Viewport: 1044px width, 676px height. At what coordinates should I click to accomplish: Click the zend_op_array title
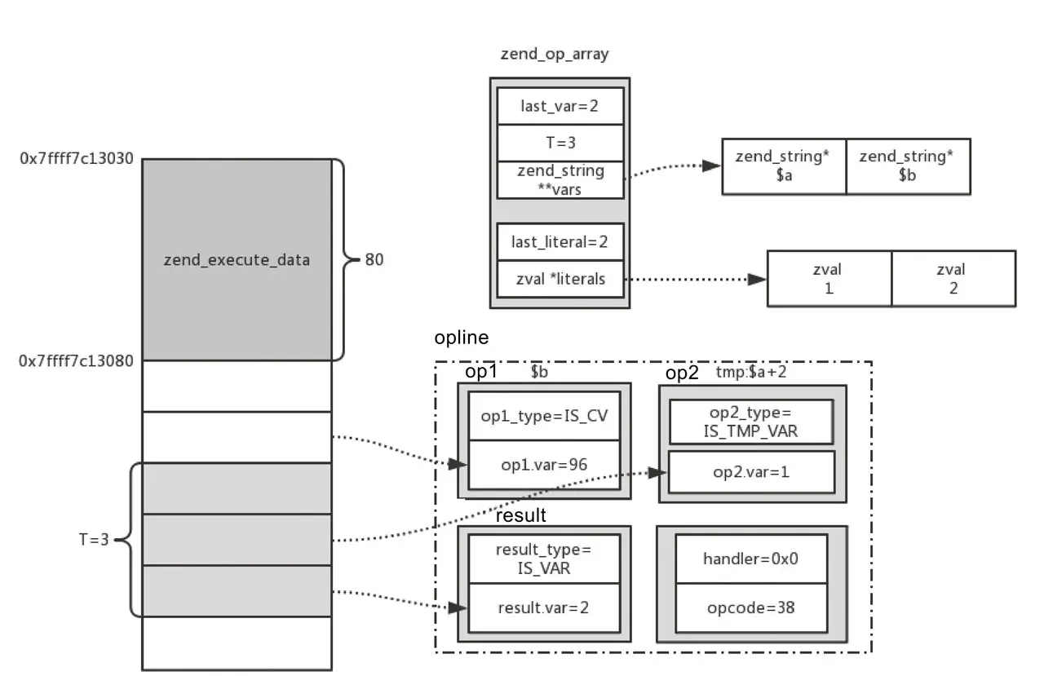(554, 55)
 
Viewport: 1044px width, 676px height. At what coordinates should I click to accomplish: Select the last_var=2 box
(560, 105)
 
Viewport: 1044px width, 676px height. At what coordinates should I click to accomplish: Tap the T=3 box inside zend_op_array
(560, 143)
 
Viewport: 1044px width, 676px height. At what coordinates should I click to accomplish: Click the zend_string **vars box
(560, 179)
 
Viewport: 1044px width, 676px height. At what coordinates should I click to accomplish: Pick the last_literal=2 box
(560, 241)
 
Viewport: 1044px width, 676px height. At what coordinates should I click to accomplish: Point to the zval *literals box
(560, 279)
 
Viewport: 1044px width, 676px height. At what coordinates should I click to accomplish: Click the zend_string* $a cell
(783, 166)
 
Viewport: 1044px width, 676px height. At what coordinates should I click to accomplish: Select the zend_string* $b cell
(907, 166)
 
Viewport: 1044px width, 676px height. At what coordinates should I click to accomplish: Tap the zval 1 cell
(829, 278)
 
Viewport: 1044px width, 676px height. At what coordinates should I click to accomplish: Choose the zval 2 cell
(953, 278)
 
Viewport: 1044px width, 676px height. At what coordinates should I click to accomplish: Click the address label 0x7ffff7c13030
(77, 157)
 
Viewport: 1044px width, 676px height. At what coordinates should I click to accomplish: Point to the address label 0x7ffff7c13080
(77, 360)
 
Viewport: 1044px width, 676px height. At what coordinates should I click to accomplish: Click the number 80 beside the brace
(374, 260)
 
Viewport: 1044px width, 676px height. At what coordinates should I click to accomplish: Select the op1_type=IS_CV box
(544, 416)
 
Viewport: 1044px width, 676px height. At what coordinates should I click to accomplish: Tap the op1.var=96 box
(544, 465)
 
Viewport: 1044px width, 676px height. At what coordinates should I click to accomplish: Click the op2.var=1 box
(751, 471)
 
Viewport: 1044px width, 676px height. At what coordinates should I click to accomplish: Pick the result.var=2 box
(544, 608)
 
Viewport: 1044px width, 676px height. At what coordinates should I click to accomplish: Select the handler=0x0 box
(751, 559)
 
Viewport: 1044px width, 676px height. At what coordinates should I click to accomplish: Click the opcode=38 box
(751, 608)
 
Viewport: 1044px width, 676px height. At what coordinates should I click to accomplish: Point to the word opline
(461, 338)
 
